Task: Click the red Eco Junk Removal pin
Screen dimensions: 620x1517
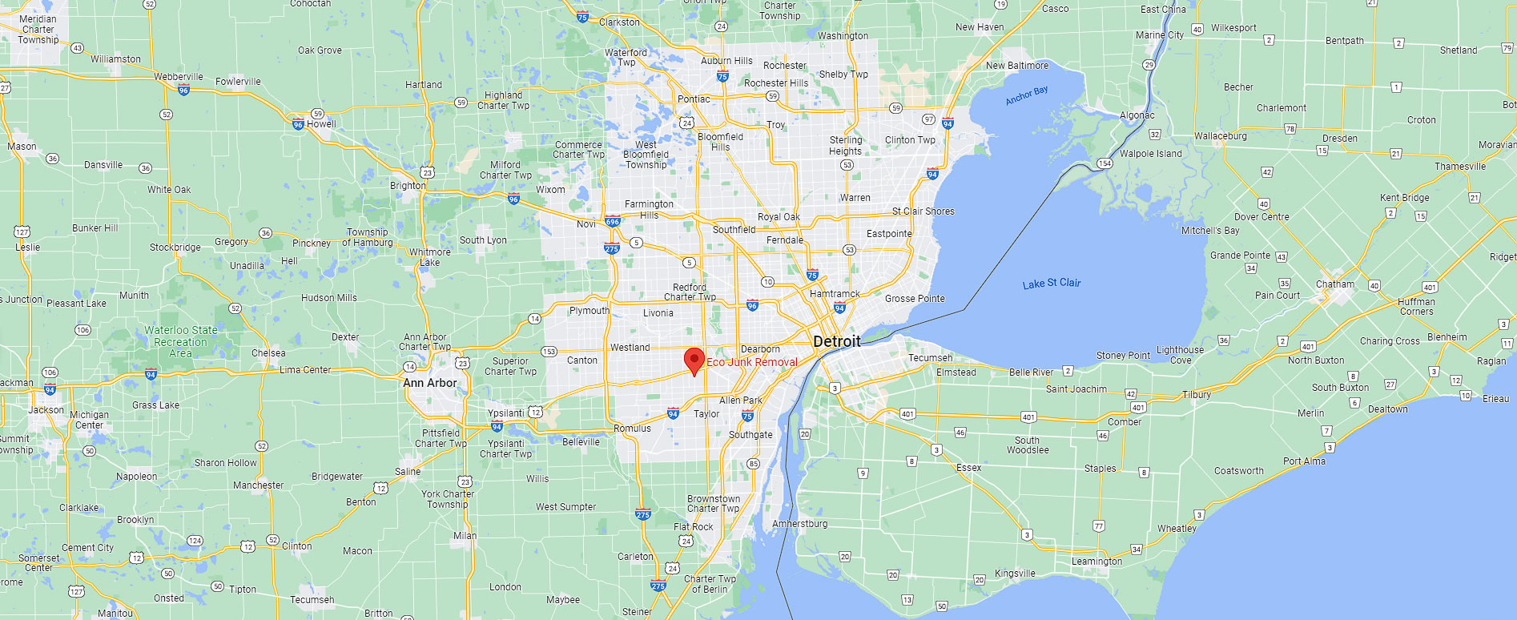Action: pos(694,360)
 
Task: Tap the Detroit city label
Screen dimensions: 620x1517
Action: pos(836,341)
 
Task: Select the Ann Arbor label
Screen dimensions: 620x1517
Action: pos(429,383)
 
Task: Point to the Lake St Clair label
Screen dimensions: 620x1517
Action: pos(1051,284)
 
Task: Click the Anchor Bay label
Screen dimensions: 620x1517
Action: pos(1026,95)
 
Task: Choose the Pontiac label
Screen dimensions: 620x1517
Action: pos(694,99)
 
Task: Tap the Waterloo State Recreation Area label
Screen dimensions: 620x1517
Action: pos(181,341)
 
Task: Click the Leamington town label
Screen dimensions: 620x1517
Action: pos(1097,562)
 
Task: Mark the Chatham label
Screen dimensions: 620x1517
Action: pos(1334,284)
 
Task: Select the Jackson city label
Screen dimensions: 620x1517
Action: pos(46,409)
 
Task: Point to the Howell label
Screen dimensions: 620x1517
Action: pos(321,124)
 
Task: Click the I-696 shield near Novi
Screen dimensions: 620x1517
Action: pos(613,222)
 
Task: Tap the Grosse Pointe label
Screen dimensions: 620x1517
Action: pos(915,299)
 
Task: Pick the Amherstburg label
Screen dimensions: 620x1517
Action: pos(799,524)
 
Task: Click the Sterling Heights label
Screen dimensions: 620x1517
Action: pos(846,145)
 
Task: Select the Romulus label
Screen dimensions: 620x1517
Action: pos(632,429)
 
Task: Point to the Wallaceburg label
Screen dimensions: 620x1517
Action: pos(1220,136)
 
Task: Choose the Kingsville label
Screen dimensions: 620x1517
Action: pos(1015,574)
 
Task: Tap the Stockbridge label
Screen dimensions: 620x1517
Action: pos(175,248)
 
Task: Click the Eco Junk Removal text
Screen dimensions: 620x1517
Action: pos(751,362)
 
